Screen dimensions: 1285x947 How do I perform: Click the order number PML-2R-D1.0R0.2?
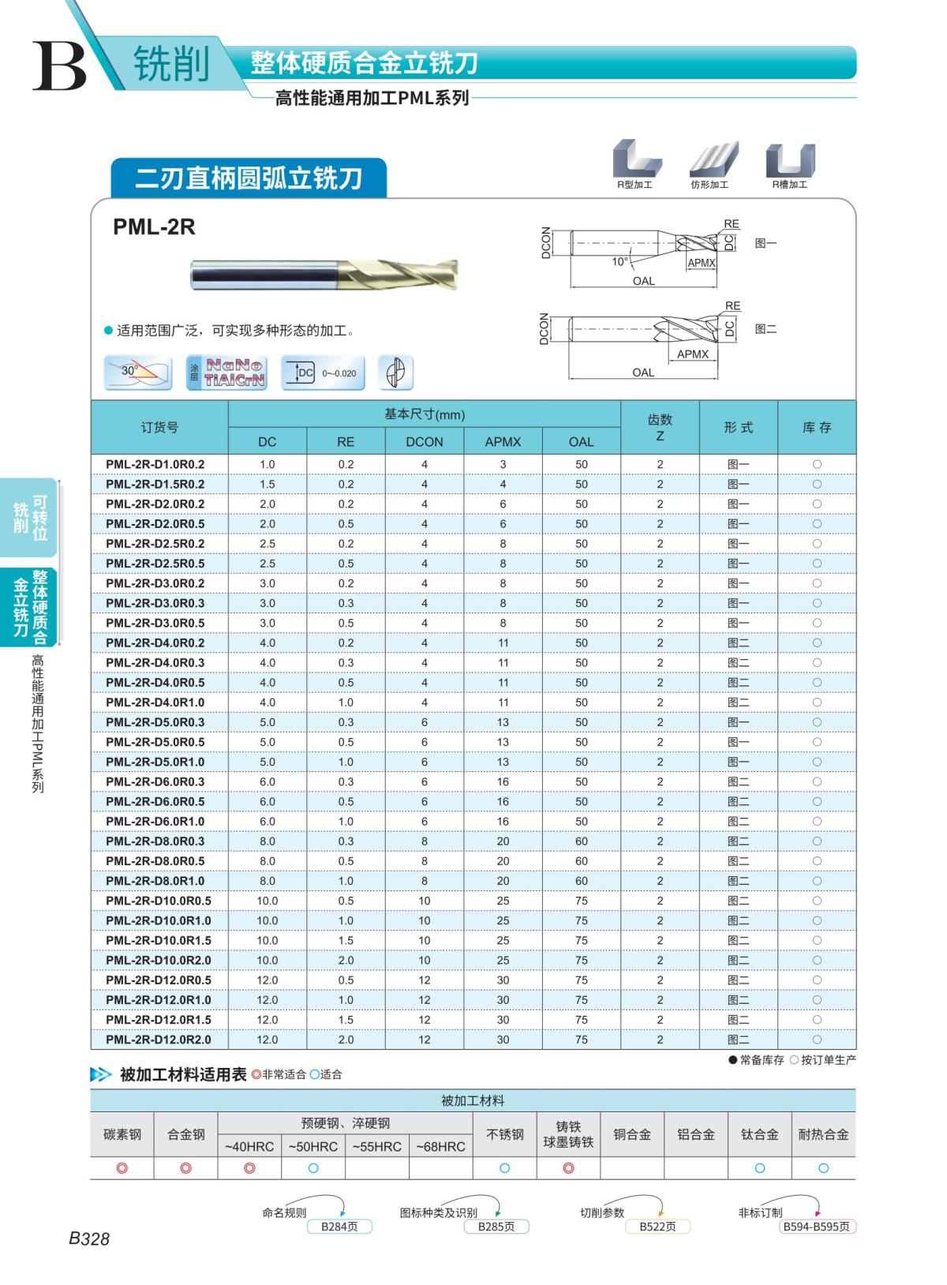[155, 464]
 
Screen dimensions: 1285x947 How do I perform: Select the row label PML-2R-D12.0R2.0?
[158, 1040]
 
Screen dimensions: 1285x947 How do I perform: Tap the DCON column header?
[424, 442]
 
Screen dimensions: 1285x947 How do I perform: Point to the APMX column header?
[503, 442]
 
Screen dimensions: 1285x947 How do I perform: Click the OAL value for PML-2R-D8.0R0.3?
[582, 841]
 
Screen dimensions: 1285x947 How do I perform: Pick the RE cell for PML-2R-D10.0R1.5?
[346, 941]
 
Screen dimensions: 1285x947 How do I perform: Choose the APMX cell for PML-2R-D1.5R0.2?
[503, 484]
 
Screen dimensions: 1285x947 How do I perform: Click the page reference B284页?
[339, 1227]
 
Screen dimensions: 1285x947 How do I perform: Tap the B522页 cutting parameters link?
[657, 1227]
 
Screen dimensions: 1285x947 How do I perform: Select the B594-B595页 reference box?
[817, 1227]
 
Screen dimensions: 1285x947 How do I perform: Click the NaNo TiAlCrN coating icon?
[226, 373]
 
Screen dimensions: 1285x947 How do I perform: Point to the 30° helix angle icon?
[138, 373]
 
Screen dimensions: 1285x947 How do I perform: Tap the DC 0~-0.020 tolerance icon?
[324, 373]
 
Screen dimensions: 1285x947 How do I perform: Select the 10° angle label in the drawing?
[620, 261]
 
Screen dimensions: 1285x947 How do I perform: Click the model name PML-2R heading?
[154, 227]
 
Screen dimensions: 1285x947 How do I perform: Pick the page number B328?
[89, 1238]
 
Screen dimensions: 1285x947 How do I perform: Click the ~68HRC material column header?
[440, 1146]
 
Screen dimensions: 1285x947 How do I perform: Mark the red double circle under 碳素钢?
[122, 1168]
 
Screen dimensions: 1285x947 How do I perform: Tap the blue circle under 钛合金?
[759, 1168]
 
